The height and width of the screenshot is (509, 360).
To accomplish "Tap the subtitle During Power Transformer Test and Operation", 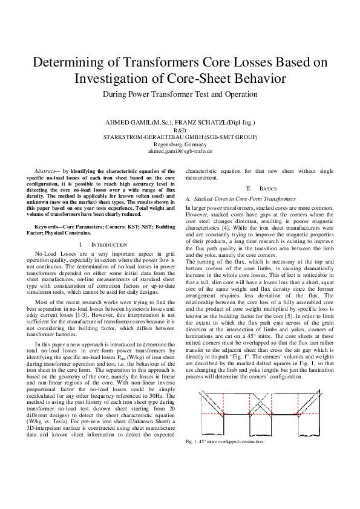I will tap(180, 94).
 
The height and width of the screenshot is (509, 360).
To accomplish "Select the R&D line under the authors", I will tap(180, 130).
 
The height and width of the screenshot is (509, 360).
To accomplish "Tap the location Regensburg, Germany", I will tap(180, 144).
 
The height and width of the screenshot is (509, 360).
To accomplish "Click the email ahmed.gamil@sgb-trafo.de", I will tap(180, 152).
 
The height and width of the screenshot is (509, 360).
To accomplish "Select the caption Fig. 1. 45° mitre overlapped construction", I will tap(224, 442).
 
